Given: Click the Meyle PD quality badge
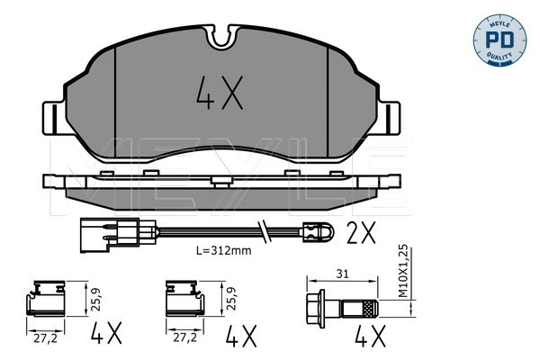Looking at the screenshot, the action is (499, 40).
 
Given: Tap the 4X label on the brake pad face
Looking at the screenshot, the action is (220, 93).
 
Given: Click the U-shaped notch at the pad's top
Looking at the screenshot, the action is (221, 37).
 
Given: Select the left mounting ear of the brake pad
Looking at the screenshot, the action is (54, 118).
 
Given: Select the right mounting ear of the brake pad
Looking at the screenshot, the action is (390, 118).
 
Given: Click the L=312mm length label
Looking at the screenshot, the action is (223, 250).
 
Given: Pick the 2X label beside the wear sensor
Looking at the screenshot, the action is (361, 232).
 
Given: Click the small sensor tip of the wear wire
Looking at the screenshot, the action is (318, 230).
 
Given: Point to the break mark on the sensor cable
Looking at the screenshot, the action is (264, 230).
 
